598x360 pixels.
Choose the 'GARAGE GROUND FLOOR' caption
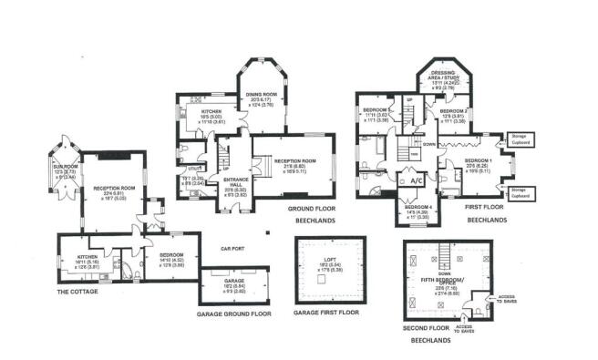tap(235, 313)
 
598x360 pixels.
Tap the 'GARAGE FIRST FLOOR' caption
tap(325, 313)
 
